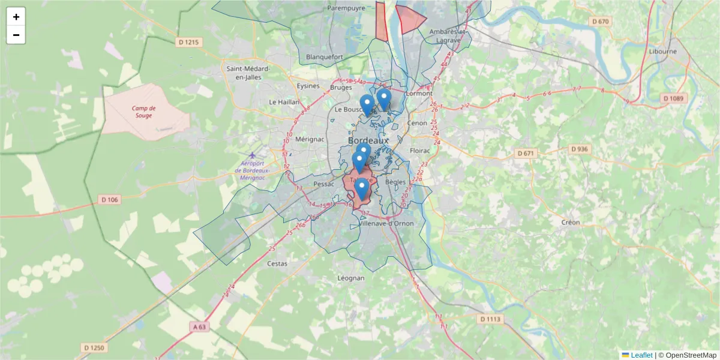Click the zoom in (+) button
click(16, 17)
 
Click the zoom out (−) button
click(16, 35)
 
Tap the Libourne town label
click(662, 51)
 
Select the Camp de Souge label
click(144, 112)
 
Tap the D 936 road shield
click(579, 149)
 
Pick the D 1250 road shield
click(94, 347)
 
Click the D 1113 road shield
click(490, 319)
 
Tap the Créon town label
click(571, 222)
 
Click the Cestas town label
click(277, 263)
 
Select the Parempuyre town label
click(346, 8)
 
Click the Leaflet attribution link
click(641, 355)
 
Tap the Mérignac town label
click(310, 139)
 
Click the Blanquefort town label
click(324, 57)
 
